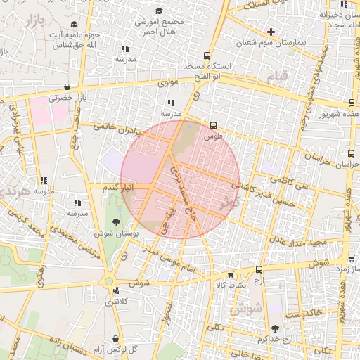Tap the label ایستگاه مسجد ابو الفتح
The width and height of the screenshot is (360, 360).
click(x=211, y=70)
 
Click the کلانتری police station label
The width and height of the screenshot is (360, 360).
click(x=117, y=302)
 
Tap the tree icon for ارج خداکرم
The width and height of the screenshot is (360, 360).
click(x=274, y=328)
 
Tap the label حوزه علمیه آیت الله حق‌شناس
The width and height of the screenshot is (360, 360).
click(x=78, y=40)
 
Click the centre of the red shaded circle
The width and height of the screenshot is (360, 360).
click(x=180, y=179)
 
